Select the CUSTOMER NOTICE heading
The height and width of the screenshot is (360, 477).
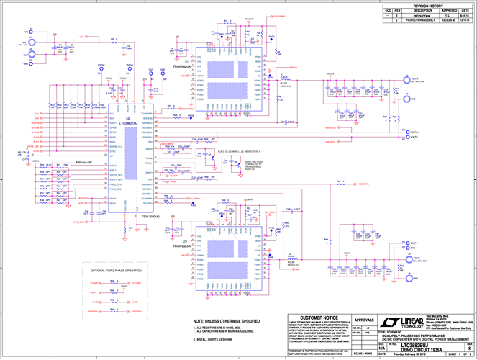click(319, 318)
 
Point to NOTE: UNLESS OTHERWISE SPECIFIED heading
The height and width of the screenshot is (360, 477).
click(227, 320)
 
